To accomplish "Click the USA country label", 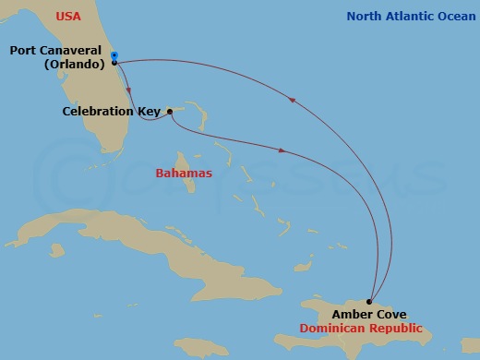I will [x=68, y=17].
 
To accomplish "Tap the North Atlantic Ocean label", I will [x=410, y=17].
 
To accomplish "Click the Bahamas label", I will [x=184, y=173].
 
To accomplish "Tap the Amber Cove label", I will [x=368, y=315].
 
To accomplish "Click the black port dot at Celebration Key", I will [x=170, y=112].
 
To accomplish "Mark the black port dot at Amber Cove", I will [x=369, y=301].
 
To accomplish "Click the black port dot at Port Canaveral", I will [x=114, y=62].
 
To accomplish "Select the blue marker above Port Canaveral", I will [x=114, y=55].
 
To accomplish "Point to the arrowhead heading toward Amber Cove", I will [x=281, y=150].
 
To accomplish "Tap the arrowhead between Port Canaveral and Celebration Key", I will [x=128, y=90].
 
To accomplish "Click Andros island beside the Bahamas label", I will [x=191, y=186].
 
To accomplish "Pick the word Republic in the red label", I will [x=398, y=328].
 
